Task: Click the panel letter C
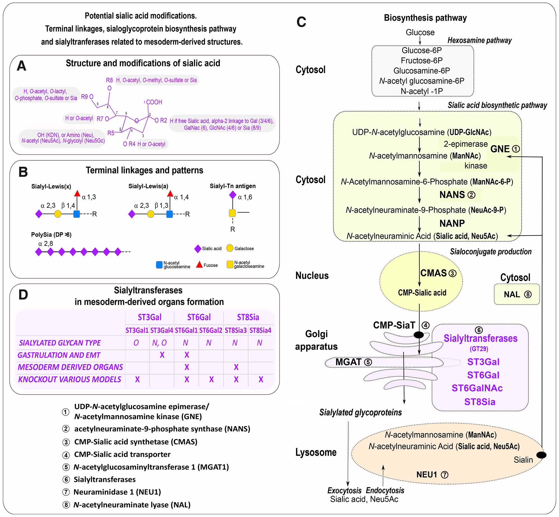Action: coord(301,22)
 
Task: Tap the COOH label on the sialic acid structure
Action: coord(154,102)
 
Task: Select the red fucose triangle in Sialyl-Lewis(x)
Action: coord(77,193)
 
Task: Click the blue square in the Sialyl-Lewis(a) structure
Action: coord(169,214)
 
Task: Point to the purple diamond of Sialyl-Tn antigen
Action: coord(232,195)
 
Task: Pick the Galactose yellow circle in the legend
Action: coord(230,248)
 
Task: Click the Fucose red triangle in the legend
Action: coord(199,265)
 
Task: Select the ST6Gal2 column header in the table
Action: coord(211,330)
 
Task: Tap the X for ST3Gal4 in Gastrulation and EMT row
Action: coord(162,355)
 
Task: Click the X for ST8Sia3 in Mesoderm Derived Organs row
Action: coord(236,367)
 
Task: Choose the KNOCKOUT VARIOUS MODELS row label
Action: coord(70,379)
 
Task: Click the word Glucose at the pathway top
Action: coord(420,32)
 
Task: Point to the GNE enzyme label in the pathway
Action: coord(500,149)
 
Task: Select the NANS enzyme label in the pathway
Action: coord(452,195)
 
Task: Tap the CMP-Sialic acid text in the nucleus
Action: coord(422,293)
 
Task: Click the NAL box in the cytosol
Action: coord(517,294)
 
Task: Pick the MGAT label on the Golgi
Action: coord(349,362)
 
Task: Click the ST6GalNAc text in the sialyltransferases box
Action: coord(477,388)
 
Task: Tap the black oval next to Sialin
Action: coord(541,455)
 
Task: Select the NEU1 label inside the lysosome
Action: coord(427,475)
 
